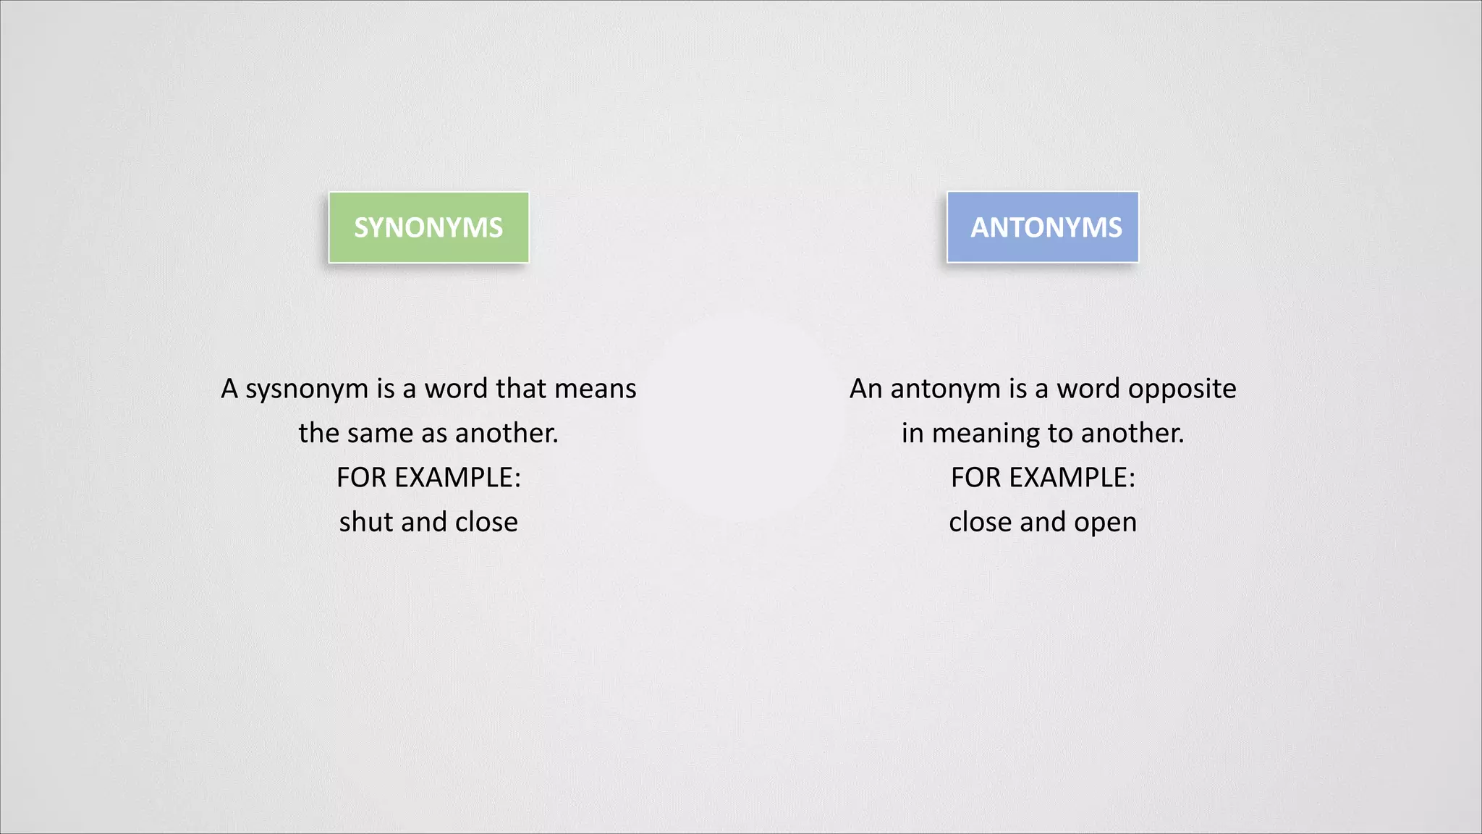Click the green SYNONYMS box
(x=428, y=227)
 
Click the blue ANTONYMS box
(x=1042, y=227)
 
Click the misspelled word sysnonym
(x=307, y=389)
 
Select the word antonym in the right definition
(x=944, y=389)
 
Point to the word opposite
(x=1182, y=389)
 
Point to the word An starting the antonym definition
(x=865, y=389)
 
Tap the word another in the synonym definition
(x=507, y=433)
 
